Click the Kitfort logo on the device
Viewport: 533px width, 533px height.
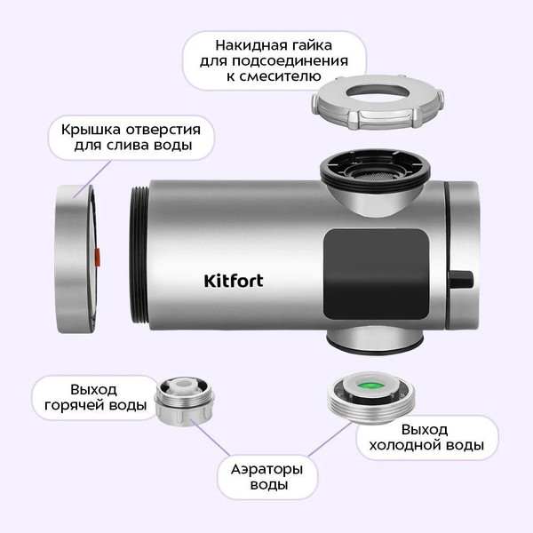point(234,281)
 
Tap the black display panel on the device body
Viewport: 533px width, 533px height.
point(376,274)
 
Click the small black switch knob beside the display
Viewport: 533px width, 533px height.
point(461,280)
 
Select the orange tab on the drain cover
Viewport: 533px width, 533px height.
point(97,257)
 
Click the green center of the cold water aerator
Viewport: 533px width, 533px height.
point(370,386)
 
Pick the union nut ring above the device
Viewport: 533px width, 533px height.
point(378,102)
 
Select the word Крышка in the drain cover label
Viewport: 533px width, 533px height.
point(91,130)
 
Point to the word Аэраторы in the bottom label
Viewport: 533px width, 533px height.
point(266,470)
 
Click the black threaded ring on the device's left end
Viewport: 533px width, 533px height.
point(139,255)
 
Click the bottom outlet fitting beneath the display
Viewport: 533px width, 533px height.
point(375,340)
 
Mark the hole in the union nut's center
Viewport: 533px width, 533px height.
point(377,92)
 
